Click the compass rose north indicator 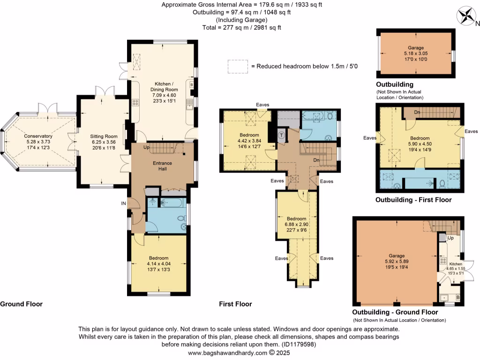coord(467,16)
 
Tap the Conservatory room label coord(39,136)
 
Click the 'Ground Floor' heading coord(21,304)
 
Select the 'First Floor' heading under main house coord(235,304)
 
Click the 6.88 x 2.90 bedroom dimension coord(297,225)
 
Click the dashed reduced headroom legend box coord(237,66)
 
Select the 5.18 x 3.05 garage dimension coord(415,53)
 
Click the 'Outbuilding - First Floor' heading coord(413,200)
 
